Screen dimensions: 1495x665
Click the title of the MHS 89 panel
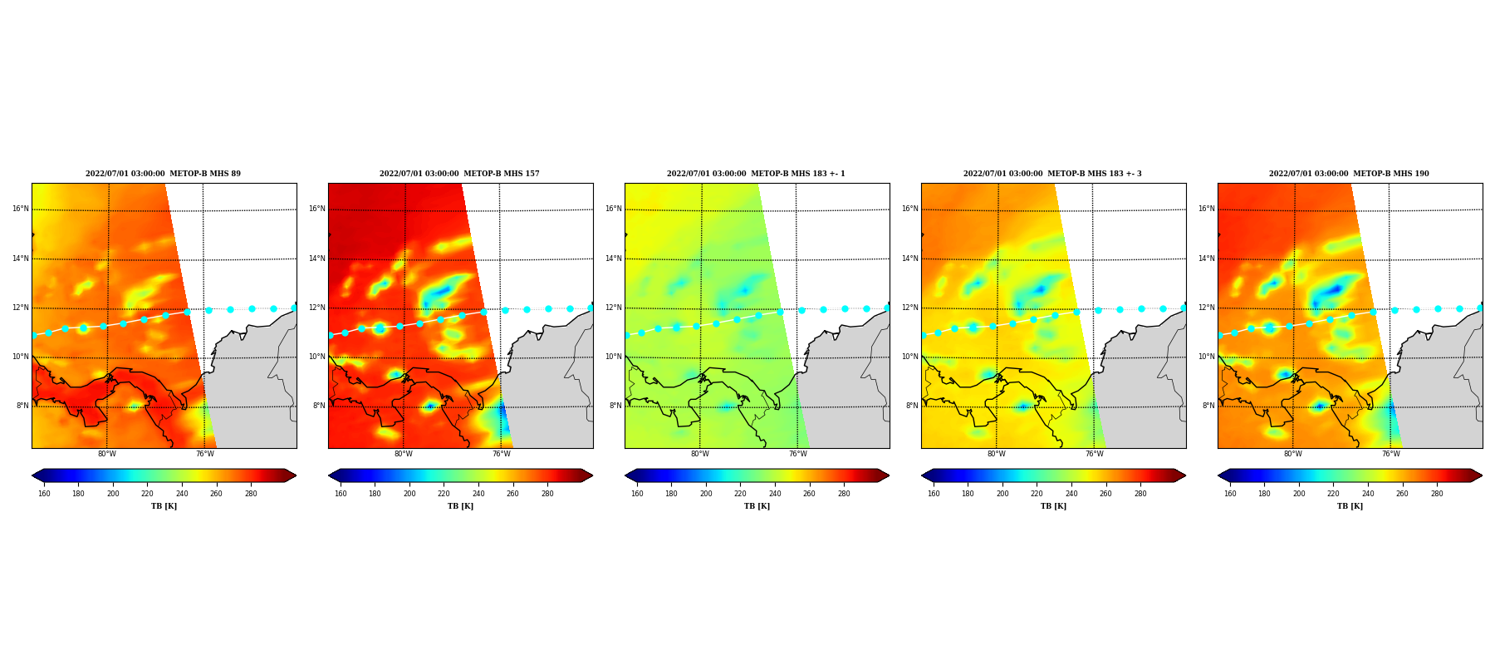163,174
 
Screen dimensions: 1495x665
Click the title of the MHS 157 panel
459,174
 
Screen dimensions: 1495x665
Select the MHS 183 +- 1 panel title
756,174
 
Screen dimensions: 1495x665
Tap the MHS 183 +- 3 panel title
1052,174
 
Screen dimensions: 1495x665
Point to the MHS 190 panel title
1349,174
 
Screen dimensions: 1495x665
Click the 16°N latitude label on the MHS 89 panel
20,209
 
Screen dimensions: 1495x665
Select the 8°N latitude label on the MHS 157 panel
319,406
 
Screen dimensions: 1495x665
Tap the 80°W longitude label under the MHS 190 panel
1292,454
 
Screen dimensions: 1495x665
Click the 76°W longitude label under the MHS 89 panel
204,454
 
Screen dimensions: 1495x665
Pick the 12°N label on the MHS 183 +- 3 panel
909,308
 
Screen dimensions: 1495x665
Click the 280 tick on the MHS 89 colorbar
251,494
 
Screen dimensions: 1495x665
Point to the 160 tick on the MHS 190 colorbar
1230,494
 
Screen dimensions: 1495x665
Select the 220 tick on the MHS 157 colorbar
444,494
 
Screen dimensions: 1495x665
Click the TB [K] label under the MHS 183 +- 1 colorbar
757,506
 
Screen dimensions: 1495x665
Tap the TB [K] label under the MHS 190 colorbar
1350,506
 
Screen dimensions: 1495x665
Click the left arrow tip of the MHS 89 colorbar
32,475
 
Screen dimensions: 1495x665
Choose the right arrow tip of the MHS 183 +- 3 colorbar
1185,475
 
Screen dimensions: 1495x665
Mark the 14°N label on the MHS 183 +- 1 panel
613,259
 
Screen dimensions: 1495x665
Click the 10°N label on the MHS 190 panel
1206,357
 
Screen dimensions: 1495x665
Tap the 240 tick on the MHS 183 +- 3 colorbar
1071,494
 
